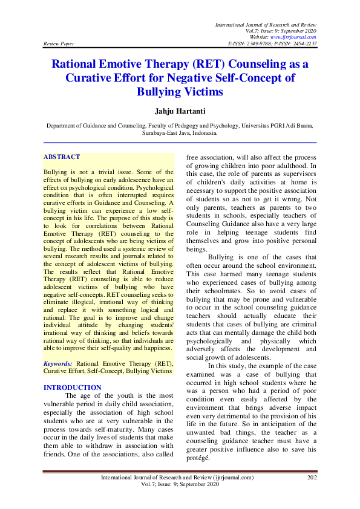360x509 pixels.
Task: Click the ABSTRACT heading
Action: click(x=62, y=157)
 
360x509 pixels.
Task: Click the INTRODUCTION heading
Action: click(x=73, y=387)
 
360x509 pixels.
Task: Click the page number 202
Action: click(x=312, y=478)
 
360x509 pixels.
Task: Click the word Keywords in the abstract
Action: click(x=58, y=364)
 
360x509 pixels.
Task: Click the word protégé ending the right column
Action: click(x=198, y=457)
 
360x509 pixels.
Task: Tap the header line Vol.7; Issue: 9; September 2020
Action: click(x=281, y=31)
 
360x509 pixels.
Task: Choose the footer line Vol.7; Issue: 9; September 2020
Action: click(x=180, y=485)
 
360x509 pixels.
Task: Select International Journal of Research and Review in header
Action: click(x=266, y=24)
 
